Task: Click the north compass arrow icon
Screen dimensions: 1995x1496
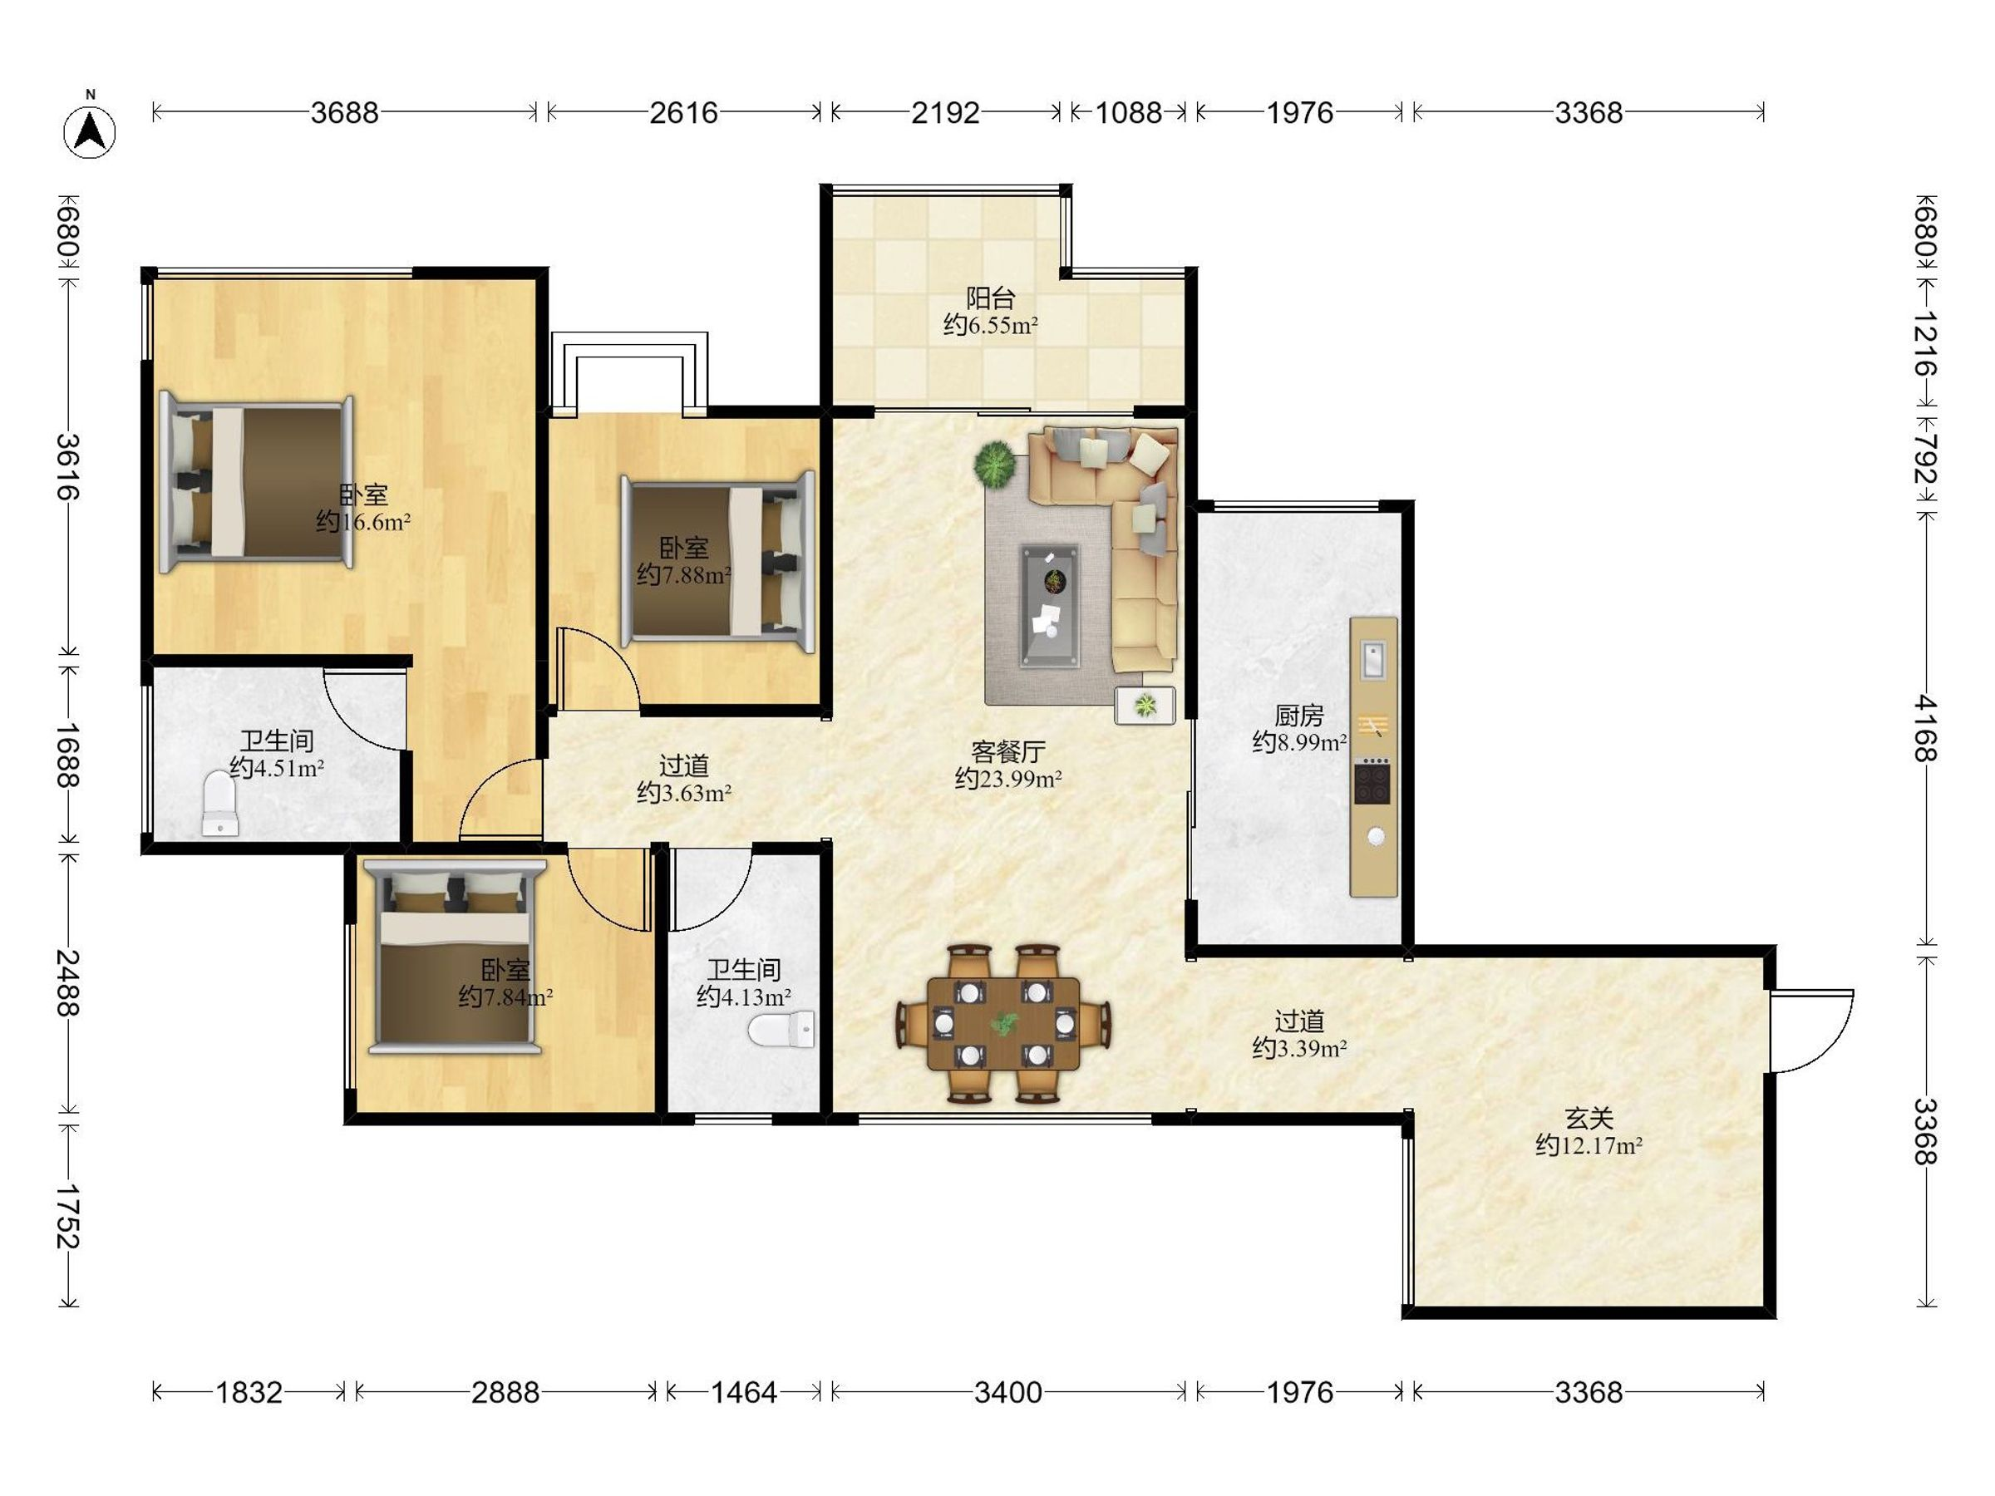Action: [89, 131]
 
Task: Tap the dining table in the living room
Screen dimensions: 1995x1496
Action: [1003, 1023]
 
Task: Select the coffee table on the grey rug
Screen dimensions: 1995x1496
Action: [1050, 606]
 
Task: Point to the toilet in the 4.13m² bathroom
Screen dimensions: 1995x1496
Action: [781, 1030]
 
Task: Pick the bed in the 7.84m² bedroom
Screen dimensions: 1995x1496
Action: [456, 957]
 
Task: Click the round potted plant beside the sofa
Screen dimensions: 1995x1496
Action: [996, 465]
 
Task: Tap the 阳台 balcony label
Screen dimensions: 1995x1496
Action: [990, 298]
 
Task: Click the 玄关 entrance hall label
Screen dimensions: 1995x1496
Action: [1589, 1119]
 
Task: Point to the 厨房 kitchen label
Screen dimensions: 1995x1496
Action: [1298, 715]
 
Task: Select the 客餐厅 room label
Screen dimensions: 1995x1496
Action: [1008, 751]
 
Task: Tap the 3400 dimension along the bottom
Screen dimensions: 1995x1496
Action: [1008, 1392]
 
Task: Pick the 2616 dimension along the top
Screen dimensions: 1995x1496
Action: [683, 113]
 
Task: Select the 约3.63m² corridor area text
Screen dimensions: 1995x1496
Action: [683, 794]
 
